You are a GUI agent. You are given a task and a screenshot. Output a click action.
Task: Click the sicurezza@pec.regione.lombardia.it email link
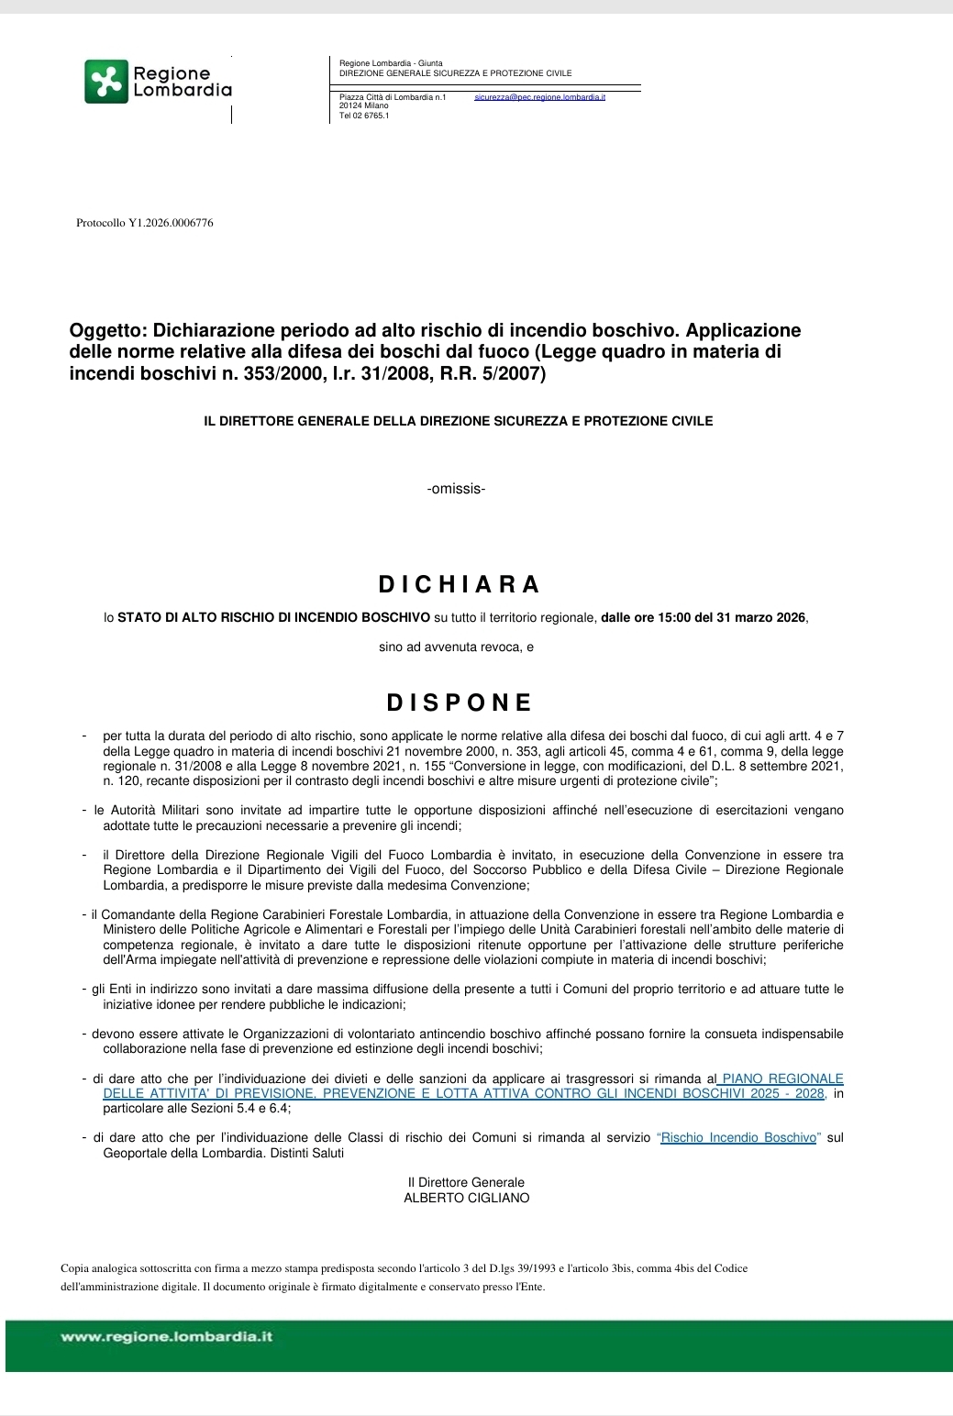coord(539,97)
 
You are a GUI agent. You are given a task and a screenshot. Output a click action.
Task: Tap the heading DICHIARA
coord(460,584)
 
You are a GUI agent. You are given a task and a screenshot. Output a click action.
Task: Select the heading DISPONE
coord(460,702)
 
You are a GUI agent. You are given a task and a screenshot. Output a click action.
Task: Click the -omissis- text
coord(456,489)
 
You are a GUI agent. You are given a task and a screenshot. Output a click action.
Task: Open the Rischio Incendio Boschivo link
coord(738,1138)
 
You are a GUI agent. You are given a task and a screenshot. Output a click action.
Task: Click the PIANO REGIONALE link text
coord(781,1079)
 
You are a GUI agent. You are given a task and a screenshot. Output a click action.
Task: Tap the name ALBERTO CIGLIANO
coord(466,1198)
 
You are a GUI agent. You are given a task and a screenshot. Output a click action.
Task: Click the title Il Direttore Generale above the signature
coord(466,1183)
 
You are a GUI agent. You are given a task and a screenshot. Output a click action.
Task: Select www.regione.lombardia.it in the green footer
coord(167,1337)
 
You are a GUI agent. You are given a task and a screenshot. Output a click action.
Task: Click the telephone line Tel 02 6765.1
coord(364,116)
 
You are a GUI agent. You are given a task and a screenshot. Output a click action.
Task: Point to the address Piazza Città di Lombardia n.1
coord(393,97)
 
